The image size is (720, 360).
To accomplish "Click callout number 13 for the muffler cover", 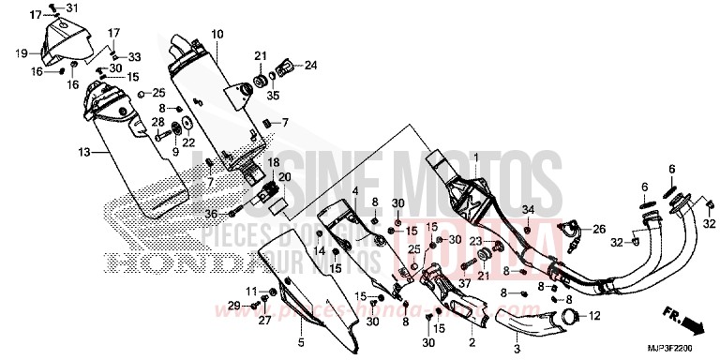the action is coord(83,152).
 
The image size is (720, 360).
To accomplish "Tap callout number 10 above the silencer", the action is coord(217,35).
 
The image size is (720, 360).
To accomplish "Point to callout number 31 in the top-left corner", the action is coord(73,9).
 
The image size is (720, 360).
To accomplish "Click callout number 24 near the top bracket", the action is coord(310,65).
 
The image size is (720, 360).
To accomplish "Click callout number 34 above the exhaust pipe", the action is coord(528,209).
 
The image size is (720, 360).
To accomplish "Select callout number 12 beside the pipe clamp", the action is coord(593,316).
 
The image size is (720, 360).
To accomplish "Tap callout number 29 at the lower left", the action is coord(232,306).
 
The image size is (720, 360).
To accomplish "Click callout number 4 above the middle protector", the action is coord(356,191).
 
